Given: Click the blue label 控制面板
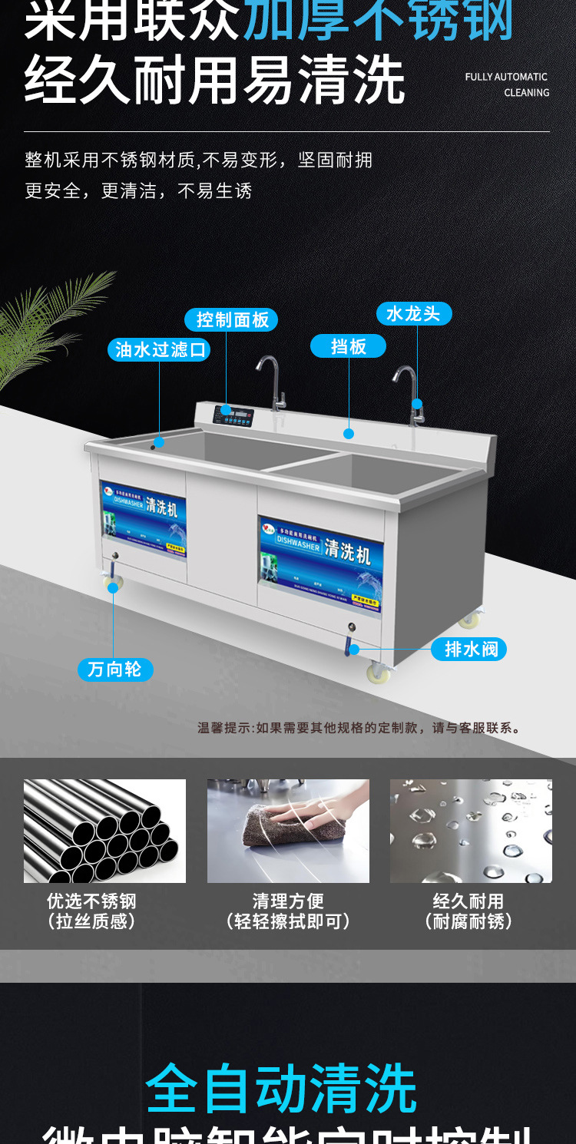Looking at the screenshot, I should click(x=231, y=319).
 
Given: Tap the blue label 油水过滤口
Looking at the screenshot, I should click(x=159, y=350).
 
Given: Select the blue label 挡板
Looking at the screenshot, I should click(x=349, y=346).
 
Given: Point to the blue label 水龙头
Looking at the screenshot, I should click(x=414, y=313).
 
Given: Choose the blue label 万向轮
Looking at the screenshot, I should click(x=115, y=670).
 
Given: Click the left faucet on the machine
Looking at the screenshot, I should click(x=271, y=381).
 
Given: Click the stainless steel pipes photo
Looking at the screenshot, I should click(x=104, y=831).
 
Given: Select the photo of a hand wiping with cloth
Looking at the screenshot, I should click(x=288, y=831).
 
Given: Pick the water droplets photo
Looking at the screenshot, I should click(x=471, y=831).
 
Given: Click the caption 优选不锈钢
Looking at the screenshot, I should click(x=91, y=901).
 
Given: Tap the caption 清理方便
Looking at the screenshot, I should click(x=288, y=901).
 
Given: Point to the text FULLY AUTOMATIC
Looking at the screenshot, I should click(x=506, y=77).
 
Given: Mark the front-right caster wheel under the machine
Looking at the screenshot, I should click(x=379, y=673).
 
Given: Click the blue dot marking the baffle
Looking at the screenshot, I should click(x=349, y=434).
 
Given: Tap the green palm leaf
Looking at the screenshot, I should click(x=46, y=322).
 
